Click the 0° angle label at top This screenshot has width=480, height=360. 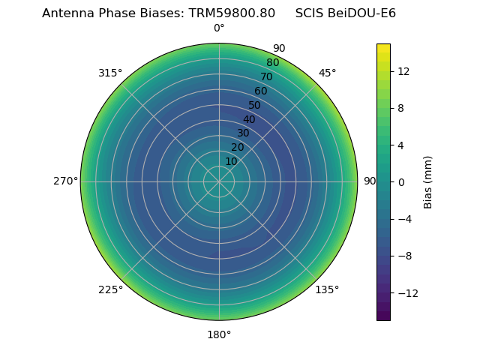219,28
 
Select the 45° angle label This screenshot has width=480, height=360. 327,73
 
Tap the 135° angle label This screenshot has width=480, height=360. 327,289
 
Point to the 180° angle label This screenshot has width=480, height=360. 219,334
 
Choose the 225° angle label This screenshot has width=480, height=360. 110,289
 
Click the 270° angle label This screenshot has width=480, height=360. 65,181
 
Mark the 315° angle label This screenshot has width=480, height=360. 110,73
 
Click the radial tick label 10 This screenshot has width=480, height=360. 231,161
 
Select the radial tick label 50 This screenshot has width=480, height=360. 255,105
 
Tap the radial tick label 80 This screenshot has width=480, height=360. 273,63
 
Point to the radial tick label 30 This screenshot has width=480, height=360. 243,133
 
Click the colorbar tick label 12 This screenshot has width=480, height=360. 403,71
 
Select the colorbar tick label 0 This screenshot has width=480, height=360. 400,182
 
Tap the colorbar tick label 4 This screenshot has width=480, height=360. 400,145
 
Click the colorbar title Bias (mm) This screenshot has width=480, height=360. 428,182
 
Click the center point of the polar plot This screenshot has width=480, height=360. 219,181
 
